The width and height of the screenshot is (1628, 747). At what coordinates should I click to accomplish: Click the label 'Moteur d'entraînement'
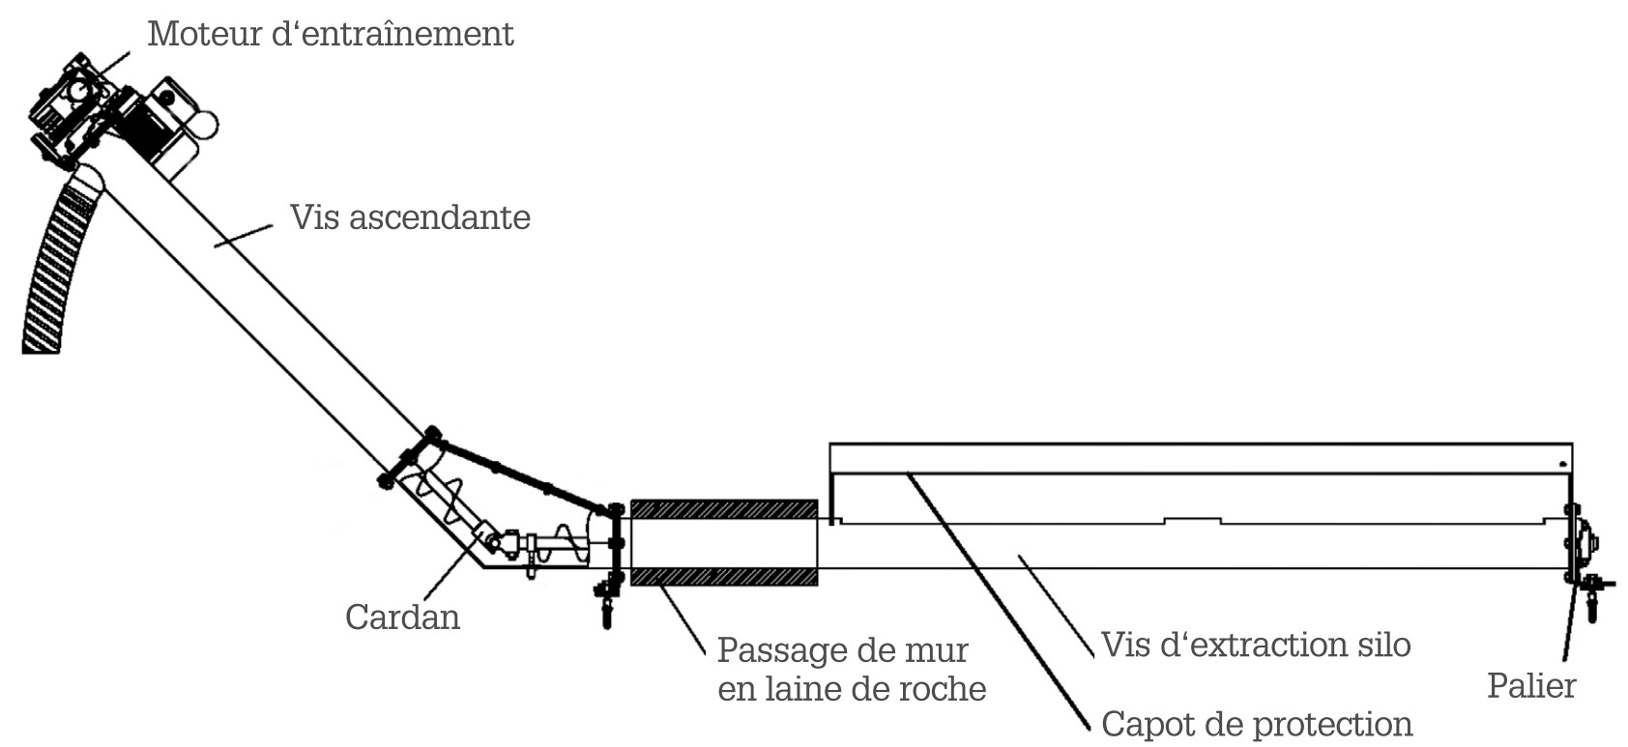click(x=330, y=35)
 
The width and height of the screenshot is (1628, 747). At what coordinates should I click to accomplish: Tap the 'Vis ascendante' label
click(x=410, y=217)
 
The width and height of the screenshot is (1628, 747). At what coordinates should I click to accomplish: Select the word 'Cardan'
click(x=402, y=617)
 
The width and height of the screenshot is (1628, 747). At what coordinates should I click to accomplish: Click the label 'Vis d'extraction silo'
click(x=1256, y=645)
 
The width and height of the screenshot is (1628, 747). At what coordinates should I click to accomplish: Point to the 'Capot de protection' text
click(x=1257, y=724)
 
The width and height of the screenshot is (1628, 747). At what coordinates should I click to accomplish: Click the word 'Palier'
click(x=1531, y=686)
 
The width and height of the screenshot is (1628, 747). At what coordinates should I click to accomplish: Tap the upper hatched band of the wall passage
click(x=723, y=509)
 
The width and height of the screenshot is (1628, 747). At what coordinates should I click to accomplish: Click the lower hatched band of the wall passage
click(x=723, y=577)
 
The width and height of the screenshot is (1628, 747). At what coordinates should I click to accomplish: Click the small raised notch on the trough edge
click(x=1192, y=520)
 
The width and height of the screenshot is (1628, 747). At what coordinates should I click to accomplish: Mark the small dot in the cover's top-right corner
click(x=1561, y=464)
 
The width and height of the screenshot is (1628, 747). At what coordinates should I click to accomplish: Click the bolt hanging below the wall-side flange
click(x=607, y=604)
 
